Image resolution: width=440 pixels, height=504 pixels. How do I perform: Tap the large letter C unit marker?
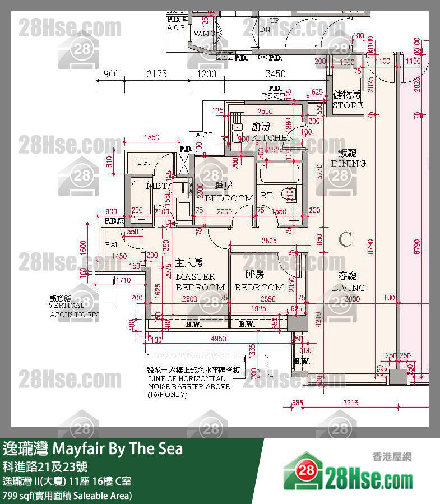[346, 240]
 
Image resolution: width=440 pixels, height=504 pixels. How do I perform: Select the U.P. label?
[143, 163]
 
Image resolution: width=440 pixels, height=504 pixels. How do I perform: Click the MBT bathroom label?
[156, 186]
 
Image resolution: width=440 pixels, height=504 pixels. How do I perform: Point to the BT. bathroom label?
[267, 196]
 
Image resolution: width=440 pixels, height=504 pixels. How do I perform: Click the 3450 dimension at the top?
[275, 74]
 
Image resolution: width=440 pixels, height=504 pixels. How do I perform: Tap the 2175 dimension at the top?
[157, 74]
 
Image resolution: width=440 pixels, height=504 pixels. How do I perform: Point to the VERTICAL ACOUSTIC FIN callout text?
[73, 310]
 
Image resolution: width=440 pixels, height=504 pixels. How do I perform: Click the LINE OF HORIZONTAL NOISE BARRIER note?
[189, 382]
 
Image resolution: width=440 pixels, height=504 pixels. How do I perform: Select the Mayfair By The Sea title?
[93, 450]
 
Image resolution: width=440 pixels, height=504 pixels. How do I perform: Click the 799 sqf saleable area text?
[67, 496]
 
